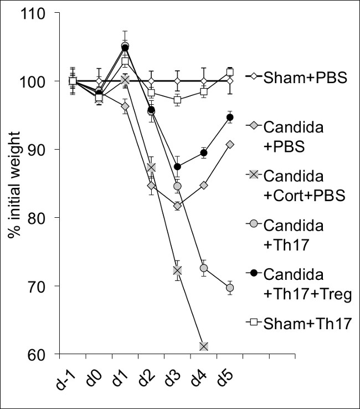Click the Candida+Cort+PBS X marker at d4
click(204, 346)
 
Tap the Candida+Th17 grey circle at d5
click(230, 288)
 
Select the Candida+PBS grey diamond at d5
click(230, 145)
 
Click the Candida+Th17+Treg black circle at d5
click(230, 117)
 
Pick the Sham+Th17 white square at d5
click(230, 72)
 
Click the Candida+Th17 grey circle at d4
click(204, 268)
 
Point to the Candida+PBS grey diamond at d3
click(177, 206)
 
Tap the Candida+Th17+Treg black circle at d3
click(177, 167)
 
